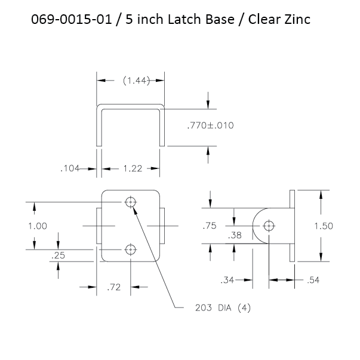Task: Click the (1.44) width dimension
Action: tap(136, 81)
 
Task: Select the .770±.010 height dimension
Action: tap(210, 125)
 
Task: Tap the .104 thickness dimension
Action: tap(70, 168)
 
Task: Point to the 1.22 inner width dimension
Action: tap(133, 168)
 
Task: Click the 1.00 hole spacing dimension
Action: tap(38, 226)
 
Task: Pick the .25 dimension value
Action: tap(59, 256)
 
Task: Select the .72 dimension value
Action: tap(114, 287)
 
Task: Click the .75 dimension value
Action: tap(210, 226)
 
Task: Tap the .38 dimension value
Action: tap(235, 235)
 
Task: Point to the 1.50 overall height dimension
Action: tap(324, 226)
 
